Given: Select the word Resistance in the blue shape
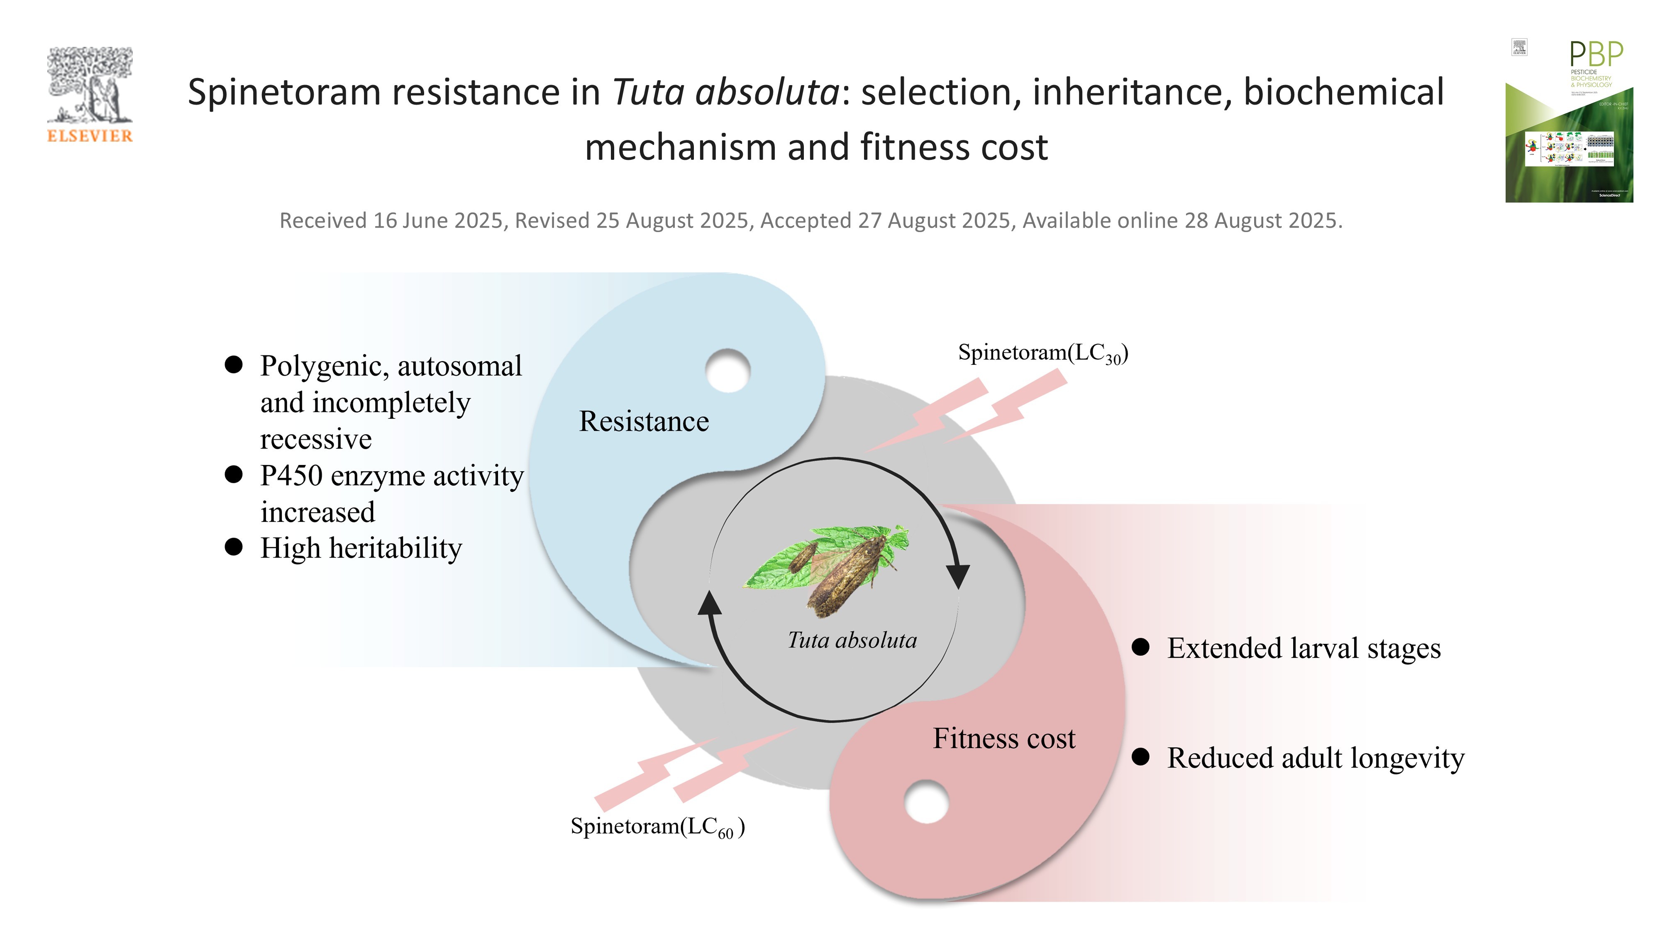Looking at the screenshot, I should pos(644,422).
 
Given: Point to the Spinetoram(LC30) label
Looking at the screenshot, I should pos(1042,354).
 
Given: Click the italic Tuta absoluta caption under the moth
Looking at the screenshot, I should pos(852,640).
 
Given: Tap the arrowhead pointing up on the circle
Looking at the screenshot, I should pos(710,603).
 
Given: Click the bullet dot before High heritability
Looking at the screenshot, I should pos(233,547).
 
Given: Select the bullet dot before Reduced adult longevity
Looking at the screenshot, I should pos(1140,757).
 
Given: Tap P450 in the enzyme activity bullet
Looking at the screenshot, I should pos(291,476).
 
